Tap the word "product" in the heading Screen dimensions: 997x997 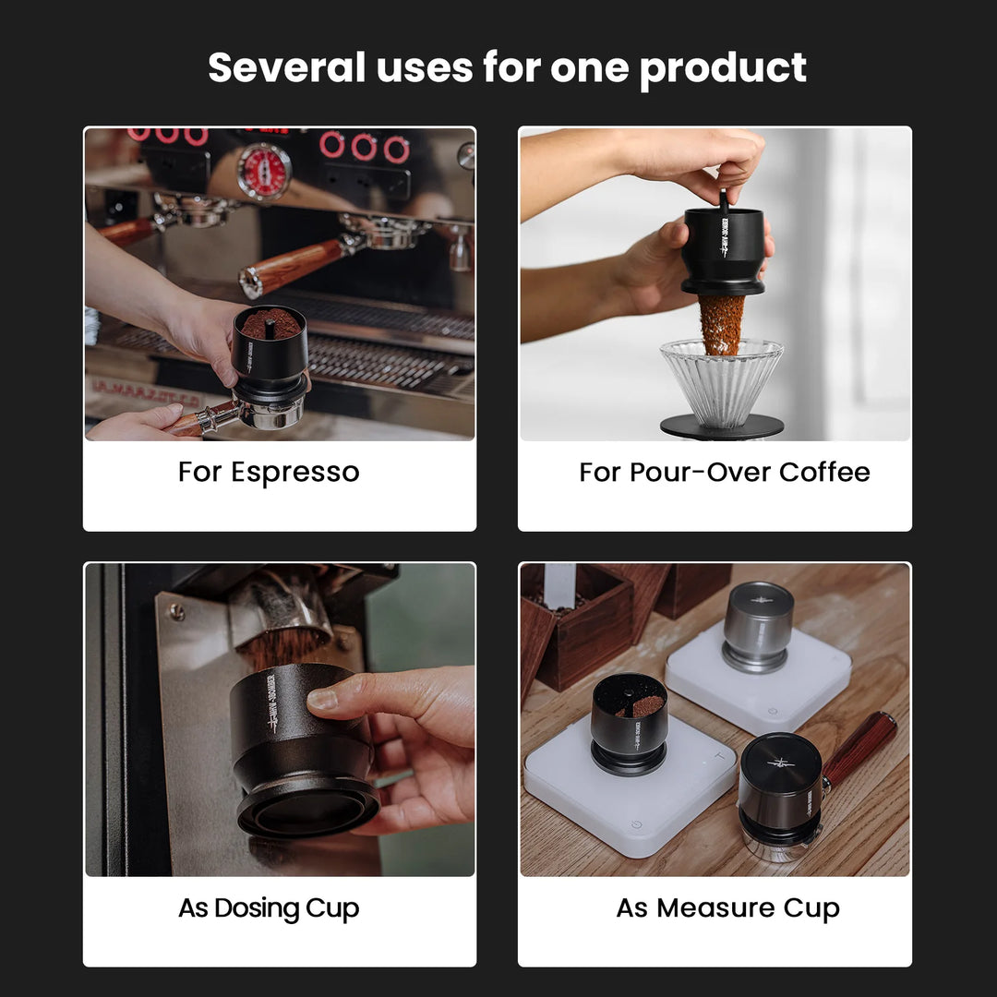(x=723, y=67)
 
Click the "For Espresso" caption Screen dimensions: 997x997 (x=269, y=472)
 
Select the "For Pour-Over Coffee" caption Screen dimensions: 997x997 (x=724, y=472)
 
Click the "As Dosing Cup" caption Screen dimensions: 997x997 (x=269, y=908)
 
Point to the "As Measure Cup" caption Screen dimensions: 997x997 (x=727, y=908)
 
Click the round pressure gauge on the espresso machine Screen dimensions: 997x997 (x=264, y=171)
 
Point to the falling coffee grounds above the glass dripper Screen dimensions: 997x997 (x=721, y=323)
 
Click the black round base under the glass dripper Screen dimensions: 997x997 (x=721, y=426)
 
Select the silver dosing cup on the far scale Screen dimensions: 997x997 (x=758, y=623)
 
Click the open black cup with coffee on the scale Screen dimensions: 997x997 (x=630, y=720)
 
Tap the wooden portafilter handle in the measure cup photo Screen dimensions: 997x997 (x=859, y=748)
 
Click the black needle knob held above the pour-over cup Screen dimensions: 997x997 (x=724, y=200)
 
